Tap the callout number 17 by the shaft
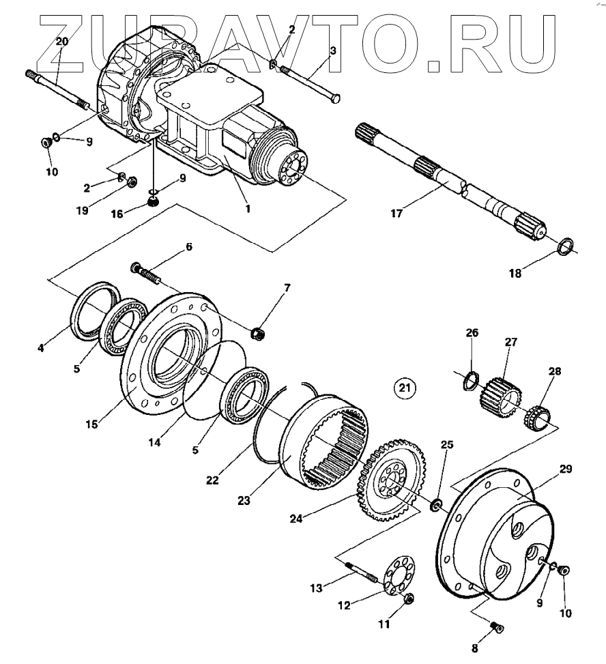point(398,214)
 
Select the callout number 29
point(566,470)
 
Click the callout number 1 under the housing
point(248,209)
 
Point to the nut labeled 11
point(408,598)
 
